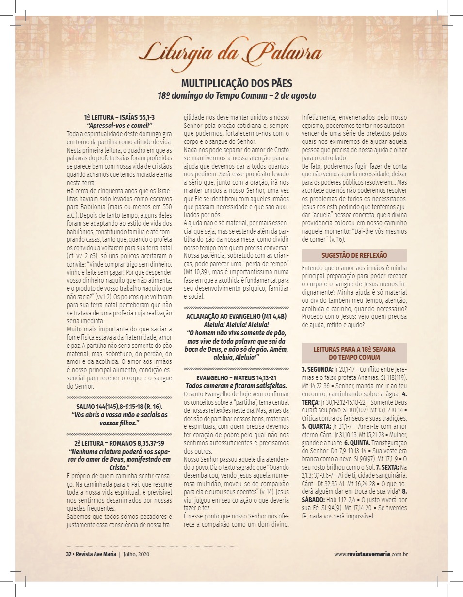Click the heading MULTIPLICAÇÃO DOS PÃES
[x=237, y=83]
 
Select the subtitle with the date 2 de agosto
[x=237, y=95]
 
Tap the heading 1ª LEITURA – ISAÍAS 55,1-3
[x=119, y=117]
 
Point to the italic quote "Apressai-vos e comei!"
[x=119, y=125]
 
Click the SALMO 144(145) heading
[x=119, y=406]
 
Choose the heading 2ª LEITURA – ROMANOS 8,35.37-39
[x=119, y=443]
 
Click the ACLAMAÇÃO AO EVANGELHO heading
[x=237, y=316]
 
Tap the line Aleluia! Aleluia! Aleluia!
[x=237, y=324]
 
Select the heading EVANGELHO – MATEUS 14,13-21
[x=237, y=378]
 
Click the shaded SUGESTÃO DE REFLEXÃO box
[x=354, y=255]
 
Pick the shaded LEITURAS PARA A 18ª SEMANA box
[x=354, y=353]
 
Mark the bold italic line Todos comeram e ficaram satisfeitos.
[x=237, y=386]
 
